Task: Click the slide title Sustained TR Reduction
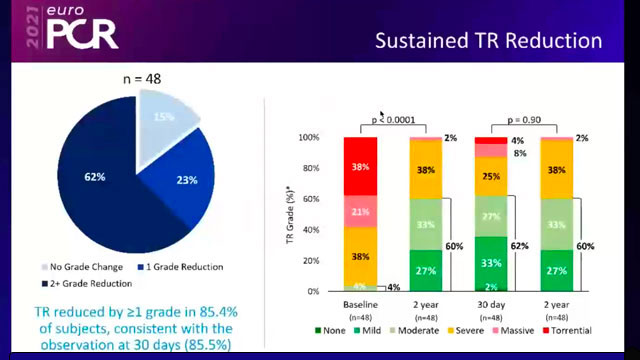click(x=488, y=42)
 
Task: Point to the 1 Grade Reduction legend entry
click(x=184, y=267)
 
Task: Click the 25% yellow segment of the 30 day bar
click(x=491, y=177)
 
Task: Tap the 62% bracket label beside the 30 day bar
click(x=520, y=244)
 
